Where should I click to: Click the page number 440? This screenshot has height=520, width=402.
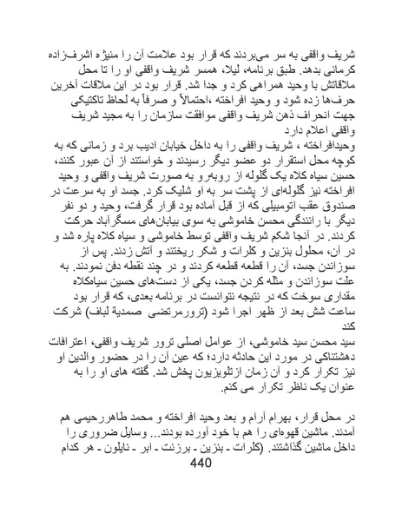click(200, 489)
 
